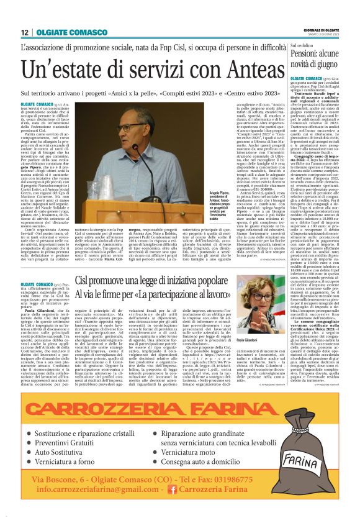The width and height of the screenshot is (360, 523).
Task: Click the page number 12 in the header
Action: [25, 32]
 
